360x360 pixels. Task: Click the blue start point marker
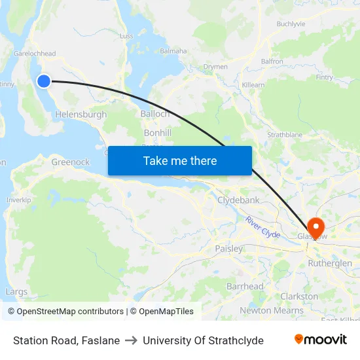point(43,81)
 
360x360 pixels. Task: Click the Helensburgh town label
point(81,115)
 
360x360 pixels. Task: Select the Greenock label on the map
point(70,162)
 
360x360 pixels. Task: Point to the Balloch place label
point(155,114)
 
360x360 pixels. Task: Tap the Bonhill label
point(157,133)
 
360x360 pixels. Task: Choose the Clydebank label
point(238,200)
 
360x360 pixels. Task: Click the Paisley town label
point(228,249)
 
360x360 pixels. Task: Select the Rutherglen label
point(329,264)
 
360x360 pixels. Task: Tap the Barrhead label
point(245,287)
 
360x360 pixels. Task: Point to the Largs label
point(16,292)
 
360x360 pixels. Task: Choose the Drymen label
point(215,67)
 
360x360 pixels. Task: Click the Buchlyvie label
point(291,24)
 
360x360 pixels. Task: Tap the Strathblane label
point(284,135)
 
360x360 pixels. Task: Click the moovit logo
point(320,340)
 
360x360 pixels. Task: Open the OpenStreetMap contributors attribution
point(65,312)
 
